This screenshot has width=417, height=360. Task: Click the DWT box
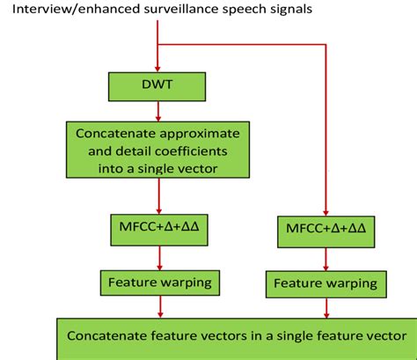pos(157,85)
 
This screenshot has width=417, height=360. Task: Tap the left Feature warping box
pos(157,282)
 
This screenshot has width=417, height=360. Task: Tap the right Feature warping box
pos(325,283)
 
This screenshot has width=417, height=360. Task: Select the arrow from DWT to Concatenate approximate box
pos(157,109)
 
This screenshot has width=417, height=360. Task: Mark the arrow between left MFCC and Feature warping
pos(157,257)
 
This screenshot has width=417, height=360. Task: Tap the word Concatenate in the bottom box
pos(104,335)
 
